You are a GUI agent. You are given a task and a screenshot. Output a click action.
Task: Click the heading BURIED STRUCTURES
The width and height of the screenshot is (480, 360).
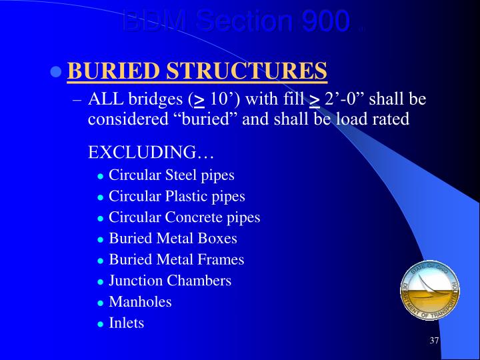tap(197, 71)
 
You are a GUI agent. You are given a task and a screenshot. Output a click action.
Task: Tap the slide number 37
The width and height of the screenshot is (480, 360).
tap(434, 341)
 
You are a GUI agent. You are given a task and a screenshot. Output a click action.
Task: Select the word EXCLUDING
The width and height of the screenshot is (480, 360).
tap(151, 152)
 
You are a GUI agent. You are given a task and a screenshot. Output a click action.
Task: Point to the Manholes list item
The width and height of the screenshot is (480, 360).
tap(140, 301)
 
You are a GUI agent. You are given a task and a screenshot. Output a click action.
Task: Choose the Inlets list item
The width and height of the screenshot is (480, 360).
tap(126, 323)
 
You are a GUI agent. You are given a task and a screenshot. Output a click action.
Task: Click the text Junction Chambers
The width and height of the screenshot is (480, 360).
tap(170, 281)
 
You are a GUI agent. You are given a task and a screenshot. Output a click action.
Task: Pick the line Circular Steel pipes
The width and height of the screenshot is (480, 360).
tap(171, 175)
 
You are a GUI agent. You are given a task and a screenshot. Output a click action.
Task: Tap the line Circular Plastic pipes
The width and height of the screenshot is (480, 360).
tap(177, 197)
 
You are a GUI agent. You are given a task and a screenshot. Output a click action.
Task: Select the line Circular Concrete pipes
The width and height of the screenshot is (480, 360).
tap(184, 217)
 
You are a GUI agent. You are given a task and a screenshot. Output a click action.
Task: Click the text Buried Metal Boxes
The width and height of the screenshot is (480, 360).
tap(173, 238)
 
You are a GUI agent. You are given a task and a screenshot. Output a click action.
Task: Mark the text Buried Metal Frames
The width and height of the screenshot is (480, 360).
tap(177, 259)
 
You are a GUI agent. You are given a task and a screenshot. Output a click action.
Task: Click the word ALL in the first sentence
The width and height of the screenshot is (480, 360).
tap(103, 100)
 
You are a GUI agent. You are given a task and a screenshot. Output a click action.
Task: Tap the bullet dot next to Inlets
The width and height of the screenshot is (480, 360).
tap(100, 324)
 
